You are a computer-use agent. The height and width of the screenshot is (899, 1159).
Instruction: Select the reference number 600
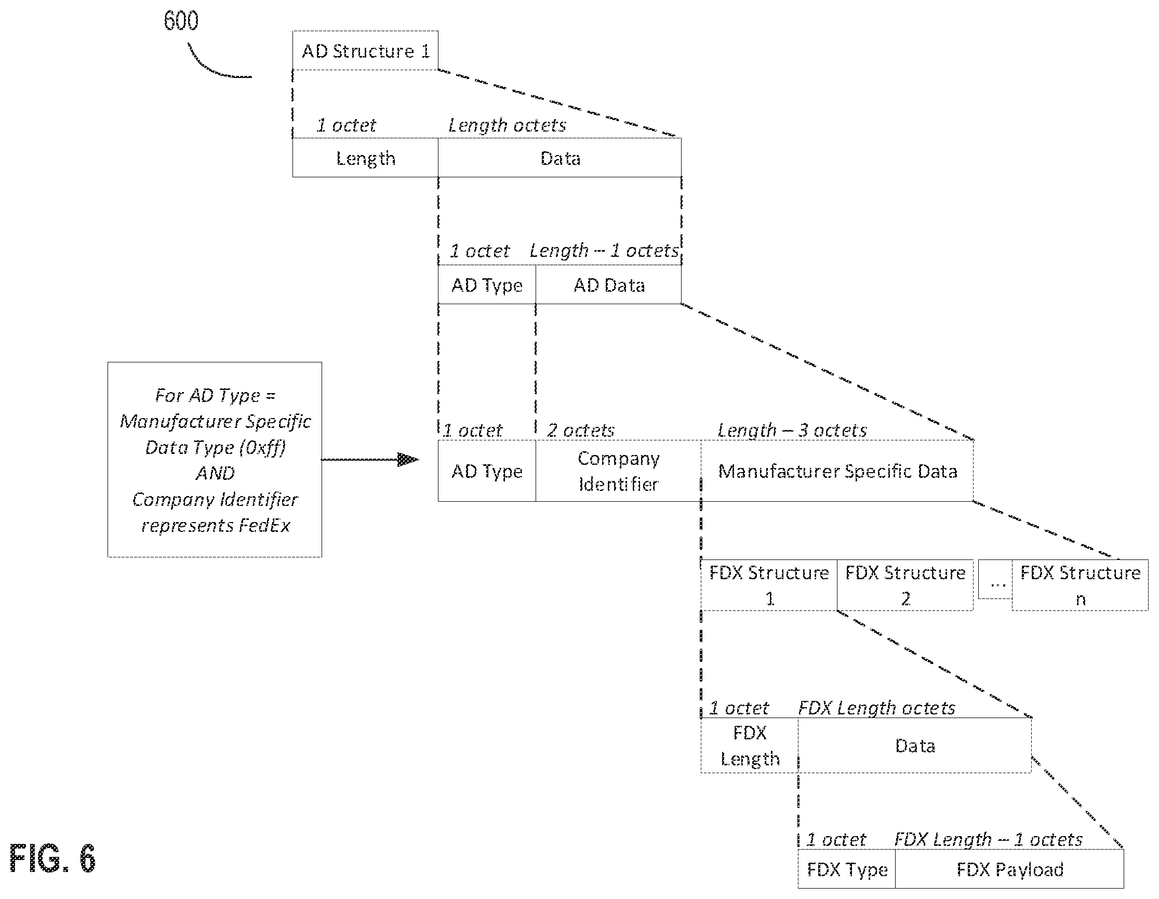181,21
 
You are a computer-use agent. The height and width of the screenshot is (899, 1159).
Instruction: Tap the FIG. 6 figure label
52,858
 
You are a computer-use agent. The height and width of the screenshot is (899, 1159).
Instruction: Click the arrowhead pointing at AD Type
409,459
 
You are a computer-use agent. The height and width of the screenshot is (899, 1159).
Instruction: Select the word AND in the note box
215,473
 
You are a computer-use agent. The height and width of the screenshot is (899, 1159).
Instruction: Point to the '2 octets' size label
581,429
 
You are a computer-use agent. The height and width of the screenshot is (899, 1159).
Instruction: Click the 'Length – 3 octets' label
792,429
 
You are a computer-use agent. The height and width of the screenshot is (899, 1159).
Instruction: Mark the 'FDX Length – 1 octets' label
988,839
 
